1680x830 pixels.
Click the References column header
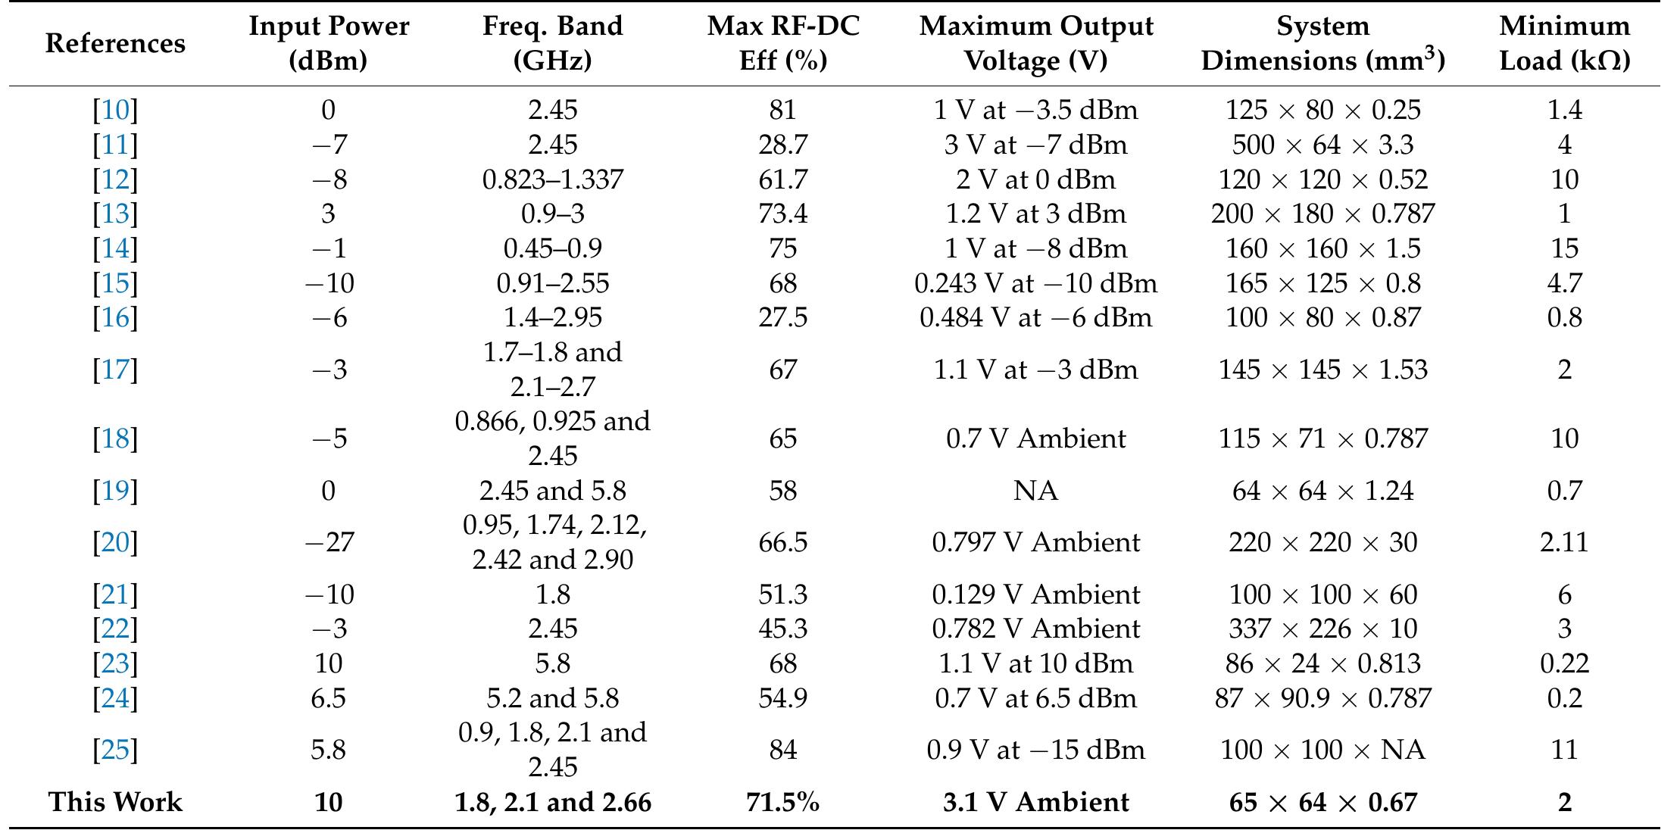click(x=115, y=43)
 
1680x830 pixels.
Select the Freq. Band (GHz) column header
click(x=552, y=43)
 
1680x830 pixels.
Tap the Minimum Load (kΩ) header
click(x=1564, y=43)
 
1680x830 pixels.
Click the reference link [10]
click(x=115, y=111)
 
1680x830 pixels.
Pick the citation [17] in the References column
click(x=115, y=370)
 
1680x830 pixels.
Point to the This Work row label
click(x=115, y=802)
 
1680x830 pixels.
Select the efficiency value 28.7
click(x=782, y=145)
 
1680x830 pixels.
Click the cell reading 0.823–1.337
click(x=552, y=179)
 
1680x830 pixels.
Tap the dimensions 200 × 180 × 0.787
click(x=1322, y=214)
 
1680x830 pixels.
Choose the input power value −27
click(x=329, y=542)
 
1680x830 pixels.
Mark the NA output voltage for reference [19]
click(x=1035, y=491)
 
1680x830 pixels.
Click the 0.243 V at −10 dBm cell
click(x=1035, y=283)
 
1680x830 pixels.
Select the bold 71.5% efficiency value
click(x=782, y=802)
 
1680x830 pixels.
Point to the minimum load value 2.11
click(x=1564, y=542)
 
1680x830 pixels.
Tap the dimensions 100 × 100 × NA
click(x=1322, y=750)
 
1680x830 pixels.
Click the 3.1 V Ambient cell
click(x=1035, y=802)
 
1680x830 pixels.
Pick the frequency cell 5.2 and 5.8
click(x=552, y=697)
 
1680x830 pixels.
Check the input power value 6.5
click(x=329, y=697)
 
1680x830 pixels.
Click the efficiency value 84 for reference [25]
click(x=782, y=750)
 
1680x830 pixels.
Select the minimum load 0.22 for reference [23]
click(x=1564, y=663)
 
